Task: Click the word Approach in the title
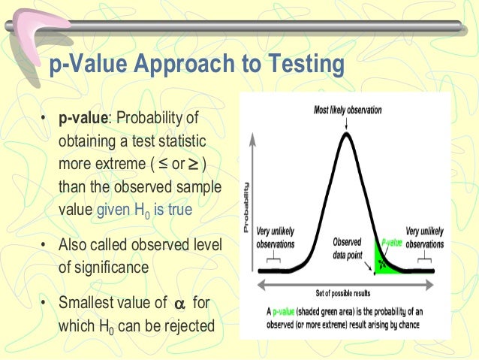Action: point(197,66)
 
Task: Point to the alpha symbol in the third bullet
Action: point(178,304)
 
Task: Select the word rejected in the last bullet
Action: point(188,328)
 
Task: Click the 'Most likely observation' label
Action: point(347,110)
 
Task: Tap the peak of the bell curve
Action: point(346,135)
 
